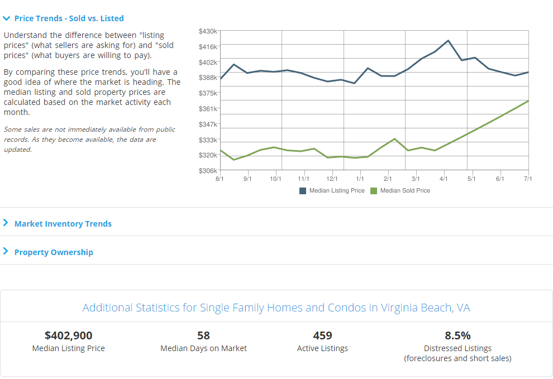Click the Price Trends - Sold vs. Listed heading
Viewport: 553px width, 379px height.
click(69, 18)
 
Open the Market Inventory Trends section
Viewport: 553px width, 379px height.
click(63, 224)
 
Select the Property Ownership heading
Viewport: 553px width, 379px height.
click(54, 252)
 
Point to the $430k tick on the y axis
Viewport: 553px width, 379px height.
click(207, 31)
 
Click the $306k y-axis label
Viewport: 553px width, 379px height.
click(207, 170)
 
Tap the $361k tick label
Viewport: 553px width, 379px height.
click(207, 108)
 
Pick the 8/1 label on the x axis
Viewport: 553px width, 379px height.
click(220, 179)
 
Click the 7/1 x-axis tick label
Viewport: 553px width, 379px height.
click(528, 179)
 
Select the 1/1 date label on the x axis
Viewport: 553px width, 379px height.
click(360, 179)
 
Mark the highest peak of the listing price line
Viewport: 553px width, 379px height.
click(448, 41)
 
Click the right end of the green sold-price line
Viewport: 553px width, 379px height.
click(528, 101)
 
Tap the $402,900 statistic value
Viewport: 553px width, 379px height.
click(68, 335)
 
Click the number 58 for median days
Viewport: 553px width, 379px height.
click(203, 335)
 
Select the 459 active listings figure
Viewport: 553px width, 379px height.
click(322, 335)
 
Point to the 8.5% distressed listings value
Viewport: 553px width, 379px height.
click(457, 335)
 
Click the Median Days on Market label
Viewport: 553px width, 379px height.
click(203, 348)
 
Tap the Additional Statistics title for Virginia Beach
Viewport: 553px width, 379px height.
click(276, 308)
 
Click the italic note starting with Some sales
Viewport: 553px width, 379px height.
click(89, 140)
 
